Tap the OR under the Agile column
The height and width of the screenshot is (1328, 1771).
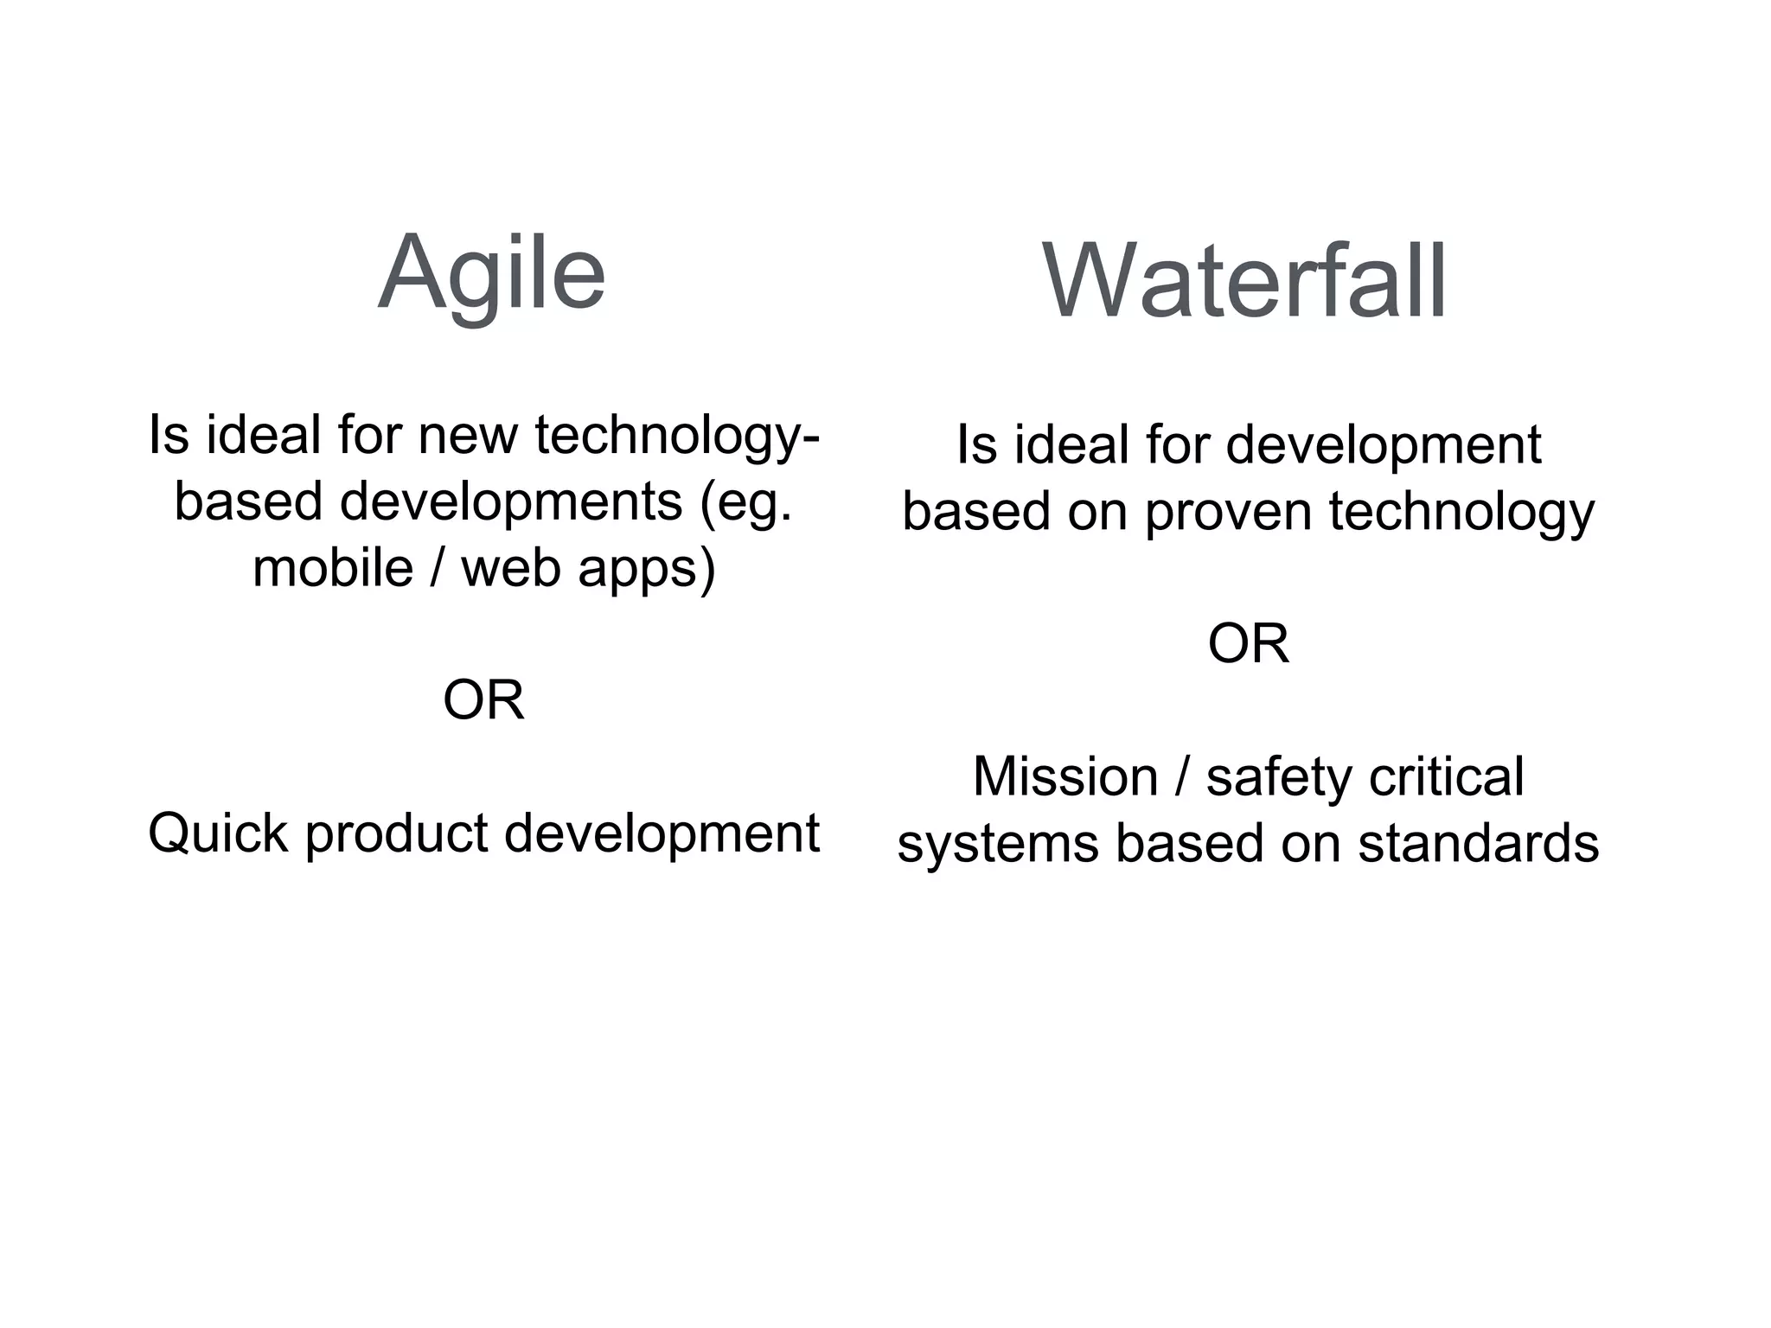[483, 699]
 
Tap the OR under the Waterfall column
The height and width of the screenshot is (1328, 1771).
[1248, 643]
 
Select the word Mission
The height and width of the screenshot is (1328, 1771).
[1065, 776]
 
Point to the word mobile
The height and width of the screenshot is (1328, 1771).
[333, 568]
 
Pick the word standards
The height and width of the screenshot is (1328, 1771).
[1478, 843]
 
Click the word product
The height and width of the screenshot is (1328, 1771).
[397, 833]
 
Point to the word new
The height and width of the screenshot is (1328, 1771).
[467, 434]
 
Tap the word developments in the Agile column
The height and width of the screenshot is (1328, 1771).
[511, 501]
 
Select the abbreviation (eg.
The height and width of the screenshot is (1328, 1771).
[746, 501]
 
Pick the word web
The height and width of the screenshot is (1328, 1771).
[510, 568]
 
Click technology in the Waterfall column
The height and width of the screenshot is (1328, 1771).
[1461, 511]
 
